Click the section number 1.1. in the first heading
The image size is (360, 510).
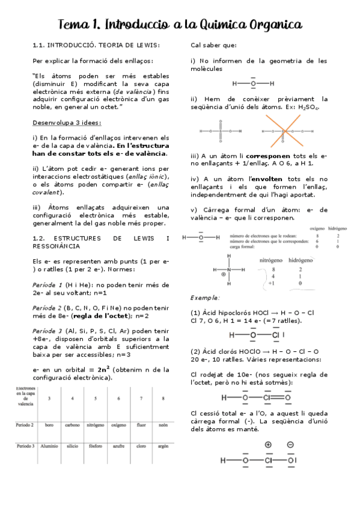point(38,45)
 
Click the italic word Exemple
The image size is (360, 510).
point(204,298)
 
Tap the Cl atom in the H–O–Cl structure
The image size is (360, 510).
point(275,335)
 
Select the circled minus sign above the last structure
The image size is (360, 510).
point(290,445)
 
